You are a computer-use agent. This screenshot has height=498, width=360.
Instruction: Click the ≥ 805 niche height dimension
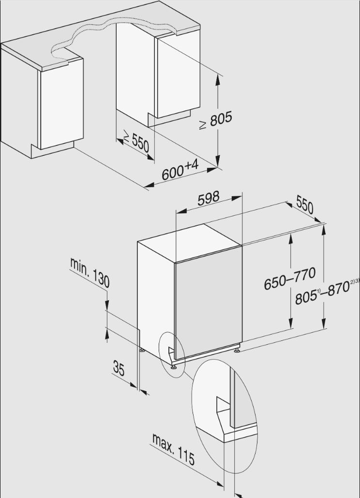216,120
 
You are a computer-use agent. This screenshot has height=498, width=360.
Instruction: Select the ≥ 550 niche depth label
136,142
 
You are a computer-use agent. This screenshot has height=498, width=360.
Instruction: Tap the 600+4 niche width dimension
180,170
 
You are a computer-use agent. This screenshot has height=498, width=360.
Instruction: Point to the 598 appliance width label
208,198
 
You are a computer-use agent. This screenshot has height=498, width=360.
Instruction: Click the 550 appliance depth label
305,205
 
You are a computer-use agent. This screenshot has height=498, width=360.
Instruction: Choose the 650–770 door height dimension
290,278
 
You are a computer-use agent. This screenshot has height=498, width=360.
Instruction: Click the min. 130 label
90,273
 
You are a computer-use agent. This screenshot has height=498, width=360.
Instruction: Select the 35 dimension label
119,368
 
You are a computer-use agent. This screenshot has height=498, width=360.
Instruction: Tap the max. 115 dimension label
173,449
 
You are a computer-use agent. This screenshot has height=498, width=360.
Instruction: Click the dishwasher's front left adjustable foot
174,367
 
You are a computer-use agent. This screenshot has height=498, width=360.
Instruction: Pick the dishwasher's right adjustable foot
237,351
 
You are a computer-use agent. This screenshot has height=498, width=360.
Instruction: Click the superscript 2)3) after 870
355,281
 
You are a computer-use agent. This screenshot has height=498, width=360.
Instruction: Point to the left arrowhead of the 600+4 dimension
150,185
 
